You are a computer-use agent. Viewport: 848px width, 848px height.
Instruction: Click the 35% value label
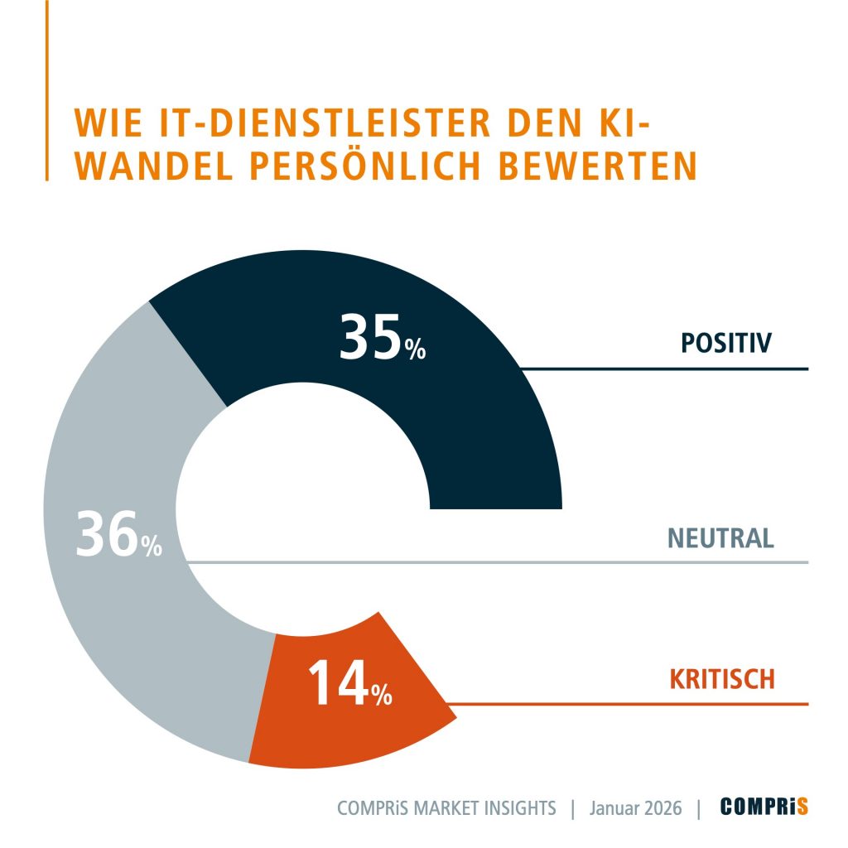(382, 339)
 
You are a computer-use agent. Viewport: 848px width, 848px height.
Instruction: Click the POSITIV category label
(726, 342)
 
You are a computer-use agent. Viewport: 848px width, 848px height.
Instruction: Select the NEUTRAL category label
(720, 538)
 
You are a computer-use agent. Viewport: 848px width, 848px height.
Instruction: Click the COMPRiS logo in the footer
(764, 807)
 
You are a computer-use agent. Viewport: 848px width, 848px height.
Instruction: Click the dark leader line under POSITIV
(662, 369)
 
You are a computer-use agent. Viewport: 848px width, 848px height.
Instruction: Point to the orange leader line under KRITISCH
(629, 705)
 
